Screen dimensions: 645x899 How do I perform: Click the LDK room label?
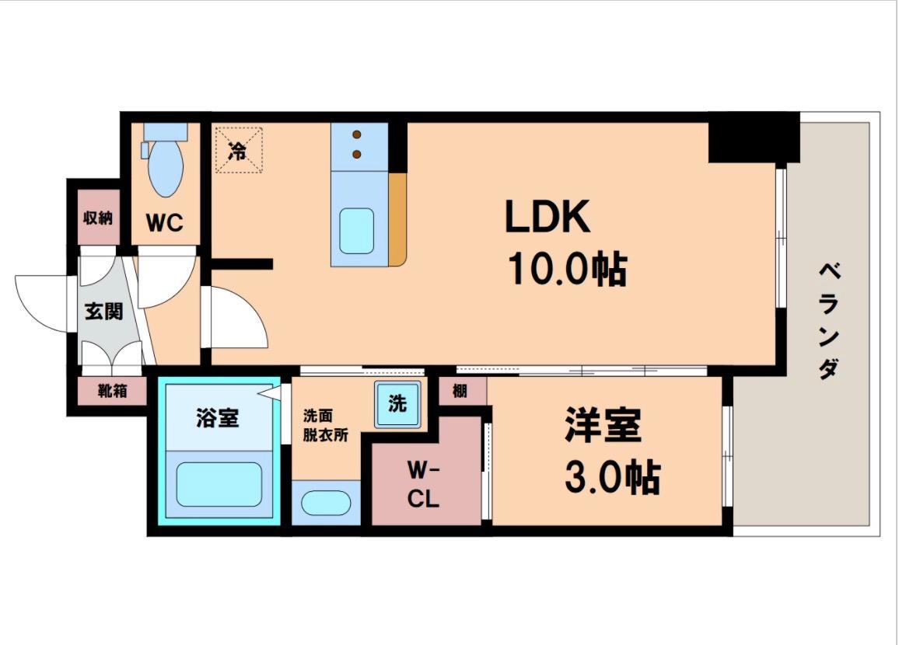pos(547,217)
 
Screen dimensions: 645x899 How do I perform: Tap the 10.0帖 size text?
pos(567,270)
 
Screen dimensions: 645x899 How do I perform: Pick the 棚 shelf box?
pos(460,391)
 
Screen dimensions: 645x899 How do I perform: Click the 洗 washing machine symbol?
pos(397,404)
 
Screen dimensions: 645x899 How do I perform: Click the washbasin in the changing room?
pos(325,503)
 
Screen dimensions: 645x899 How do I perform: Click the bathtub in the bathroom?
pos(219,484)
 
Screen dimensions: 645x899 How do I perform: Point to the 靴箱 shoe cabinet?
pos(112,390)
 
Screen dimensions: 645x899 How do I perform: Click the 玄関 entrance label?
pos(103,312)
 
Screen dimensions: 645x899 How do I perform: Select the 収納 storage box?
pos(99,218)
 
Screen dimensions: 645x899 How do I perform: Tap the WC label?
pos(165,224)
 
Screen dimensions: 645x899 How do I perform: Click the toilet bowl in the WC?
pos(165,167)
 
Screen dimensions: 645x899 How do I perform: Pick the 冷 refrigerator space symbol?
pos(238,151)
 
